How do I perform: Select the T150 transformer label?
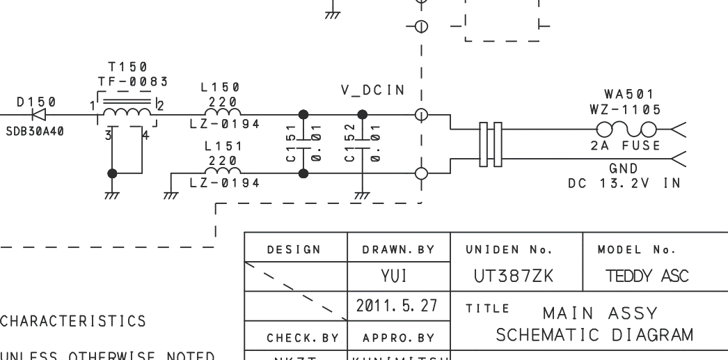click(x=127, y=68)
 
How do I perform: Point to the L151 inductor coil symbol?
click(x=222, y=171)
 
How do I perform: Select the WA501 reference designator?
click(x=628, y=94)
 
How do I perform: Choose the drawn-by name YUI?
click(x=398, y=276)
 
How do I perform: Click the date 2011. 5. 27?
click(x=398, y=306)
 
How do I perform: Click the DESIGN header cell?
click(x=296, y=249)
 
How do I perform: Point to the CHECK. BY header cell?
click(x=296, y=338)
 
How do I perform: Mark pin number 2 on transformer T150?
click(x=161, y=106)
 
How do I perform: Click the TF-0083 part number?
click(x=133, y=81)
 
